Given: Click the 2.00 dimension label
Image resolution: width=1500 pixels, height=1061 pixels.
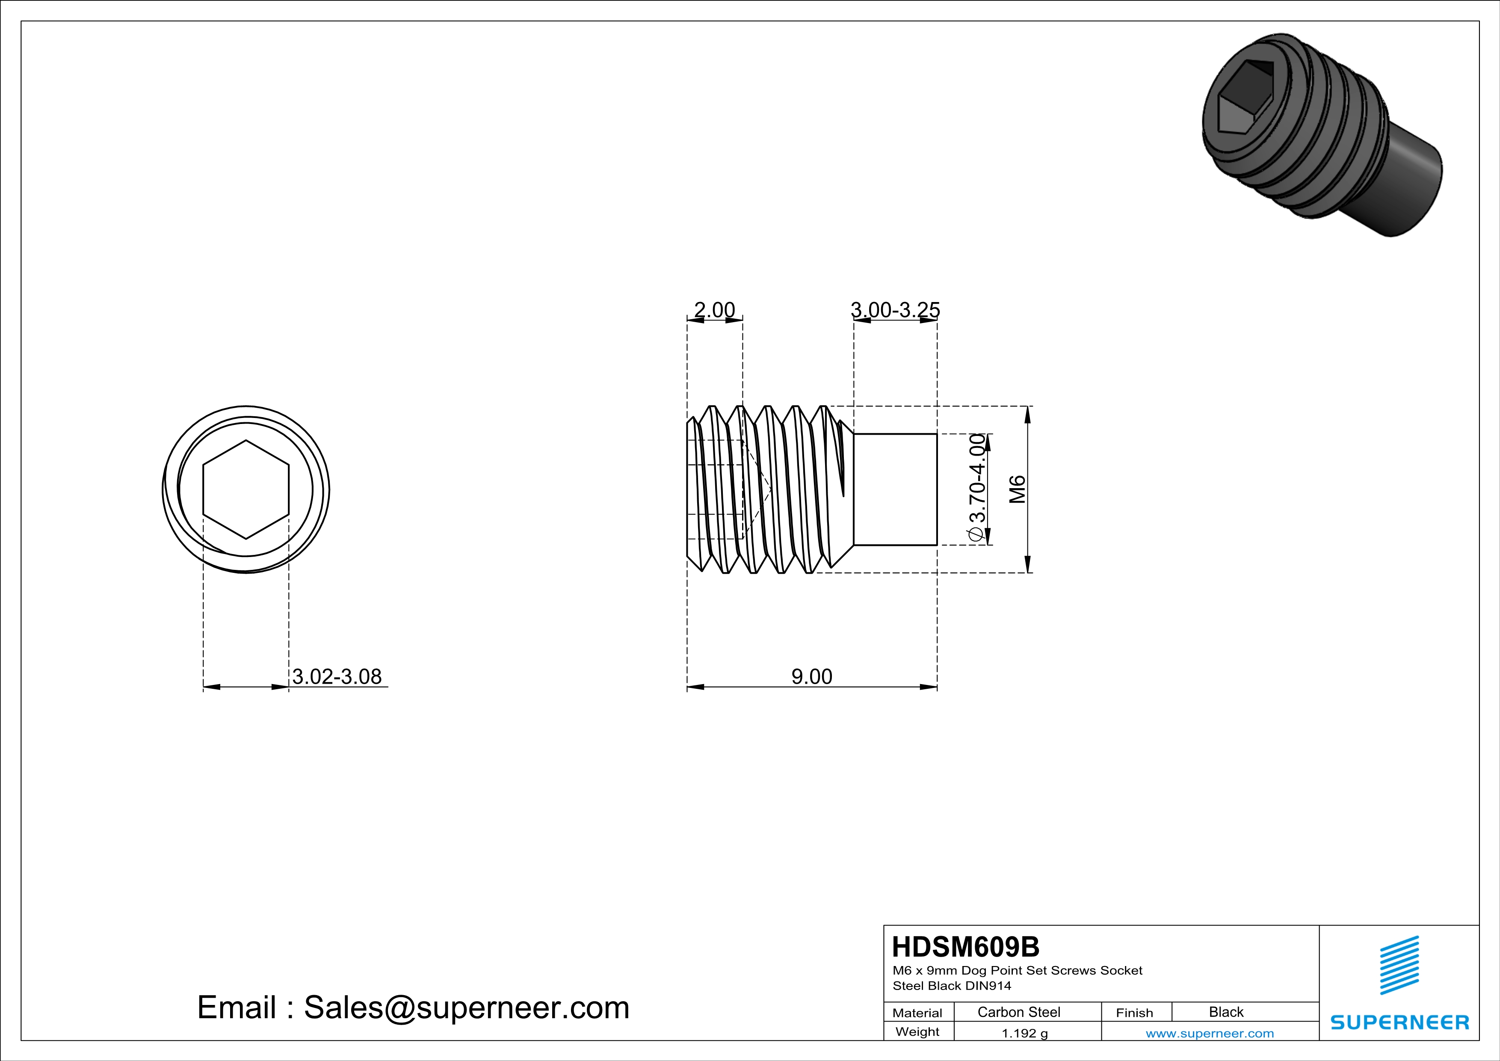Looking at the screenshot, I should pos(714,310).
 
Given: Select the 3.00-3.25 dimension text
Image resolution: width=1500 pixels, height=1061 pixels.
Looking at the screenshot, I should pos(895,310).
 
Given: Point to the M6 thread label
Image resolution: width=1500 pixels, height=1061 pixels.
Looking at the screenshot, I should pos(1017,489).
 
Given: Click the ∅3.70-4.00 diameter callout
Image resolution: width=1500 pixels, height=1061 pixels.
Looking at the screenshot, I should pos(976,489).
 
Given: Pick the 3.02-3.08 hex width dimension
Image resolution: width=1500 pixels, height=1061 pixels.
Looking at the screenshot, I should pos(337,676).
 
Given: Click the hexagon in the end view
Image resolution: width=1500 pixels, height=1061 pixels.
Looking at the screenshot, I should pos(246,489).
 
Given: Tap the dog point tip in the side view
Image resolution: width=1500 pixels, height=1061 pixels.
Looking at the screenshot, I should pos(895,489).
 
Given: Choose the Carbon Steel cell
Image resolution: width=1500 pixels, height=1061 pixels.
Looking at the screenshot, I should pos(1018,1012).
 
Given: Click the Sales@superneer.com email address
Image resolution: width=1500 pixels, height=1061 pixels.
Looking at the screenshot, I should pos(467,1008).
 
